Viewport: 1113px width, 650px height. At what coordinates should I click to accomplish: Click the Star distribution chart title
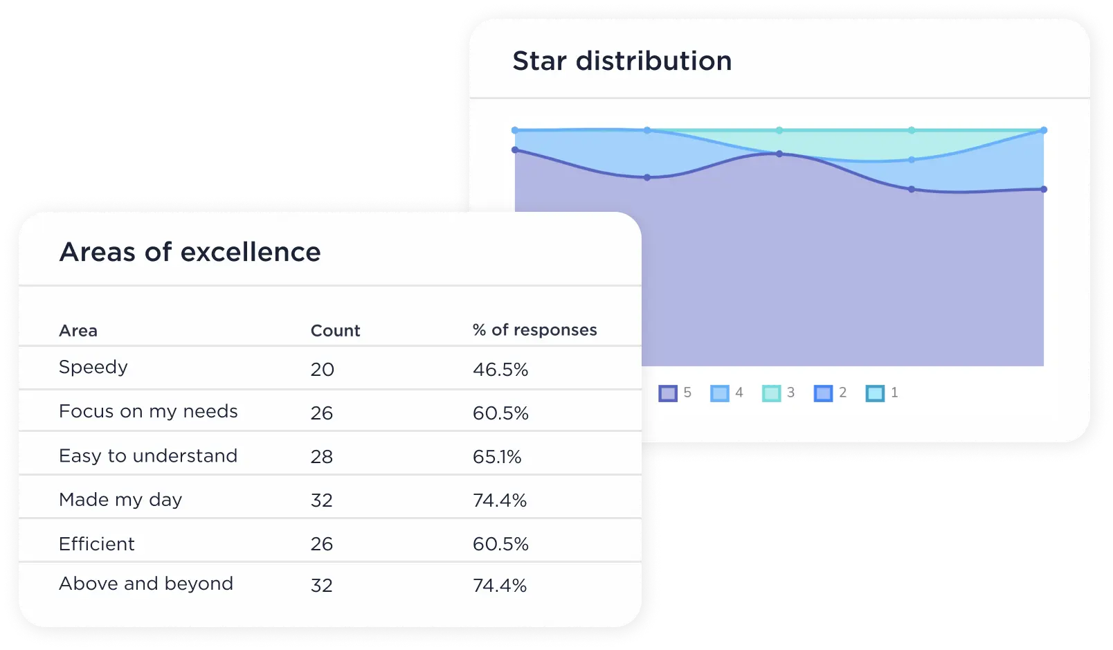tap(622, 61)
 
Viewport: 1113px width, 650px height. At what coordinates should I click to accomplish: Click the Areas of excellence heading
tap(190, 252)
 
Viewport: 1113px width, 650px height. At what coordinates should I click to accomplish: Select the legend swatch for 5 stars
tap(668, 393)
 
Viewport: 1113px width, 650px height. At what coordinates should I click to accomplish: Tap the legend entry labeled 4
tap(727, 393)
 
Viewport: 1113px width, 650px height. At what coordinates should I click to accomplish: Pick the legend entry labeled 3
tap(779, 393)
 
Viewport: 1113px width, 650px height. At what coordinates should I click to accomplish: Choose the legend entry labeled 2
tap(831, 393)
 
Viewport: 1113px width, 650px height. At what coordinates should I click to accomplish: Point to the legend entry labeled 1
tap(883, 393)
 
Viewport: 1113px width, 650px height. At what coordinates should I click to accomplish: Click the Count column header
tap(335, 331)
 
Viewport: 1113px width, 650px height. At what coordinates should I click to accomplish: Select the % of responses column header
tap(534, 330)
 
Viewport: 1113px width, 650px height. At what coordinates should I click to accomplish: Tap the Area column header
tap(78, 331)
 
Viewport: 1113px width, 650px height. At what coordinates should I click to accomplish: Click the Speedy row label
tap(93, 367)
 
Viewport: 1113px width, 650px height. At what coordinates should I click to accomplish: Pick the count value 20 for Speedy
tap(323, 370)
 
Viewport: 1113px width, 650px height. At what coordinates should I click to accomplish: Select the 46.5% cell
tap(500, 370)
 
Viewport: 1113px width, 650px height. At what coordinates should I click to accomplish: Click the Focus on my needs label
tap(148, 411)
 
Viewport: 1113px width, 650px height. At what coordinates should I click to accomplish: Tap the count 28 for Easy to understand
tap(322, 457)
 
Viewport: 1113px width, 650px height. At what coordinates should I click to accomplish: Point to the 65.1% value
tap(497, 457)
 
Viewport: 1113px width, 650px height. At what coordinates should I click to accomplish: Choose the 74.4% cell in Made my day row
tap(500, 500)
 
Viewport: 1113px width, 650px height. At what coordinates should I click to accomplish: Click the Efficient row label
tap(97, 544)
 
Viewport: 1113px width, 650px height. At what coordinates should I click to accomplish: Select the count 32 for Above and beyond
tap(322, 586)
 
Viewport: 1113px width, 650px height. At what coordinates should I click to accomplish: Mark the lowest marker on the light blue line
tap(912, 160)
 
